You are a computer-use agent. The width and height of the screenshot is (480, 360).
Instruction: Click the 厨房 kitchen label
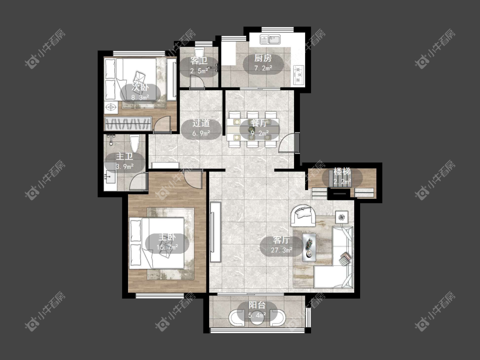click(263, 58)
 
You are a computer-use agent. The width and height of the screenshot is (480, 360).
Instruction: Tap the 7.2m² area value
click(263, 68)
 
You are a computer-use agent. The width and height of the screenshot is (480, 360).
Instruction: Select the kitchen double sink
click(271, 40)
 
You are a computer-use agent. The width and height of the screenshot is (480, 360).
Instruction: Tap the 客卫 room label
click(199, 61)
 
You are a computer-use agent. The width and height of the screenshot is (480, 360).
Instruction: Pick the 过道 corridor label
click(201, 123)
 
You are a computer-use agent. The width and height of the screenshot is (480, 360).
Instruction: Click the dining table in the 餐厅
click(253, 129)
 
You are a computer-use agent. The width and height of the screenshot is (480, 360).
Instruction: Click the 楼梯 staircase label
click(342, 171)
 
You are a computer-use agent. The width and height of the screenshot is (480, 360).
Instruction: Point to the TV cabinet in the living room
click(215, 232)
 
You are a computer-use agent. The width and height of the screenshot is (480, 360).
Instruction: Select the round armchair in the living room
click(303, 215)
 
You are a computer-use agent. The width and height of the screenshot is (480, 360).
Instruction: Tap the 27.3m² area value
click(282, 250)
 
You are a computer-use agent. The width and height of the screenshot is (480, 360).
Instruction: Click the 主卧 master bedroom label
click(167, 237)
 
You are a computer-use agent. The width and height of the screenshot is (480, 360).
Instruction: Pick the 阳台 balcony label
click(257, 305)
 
